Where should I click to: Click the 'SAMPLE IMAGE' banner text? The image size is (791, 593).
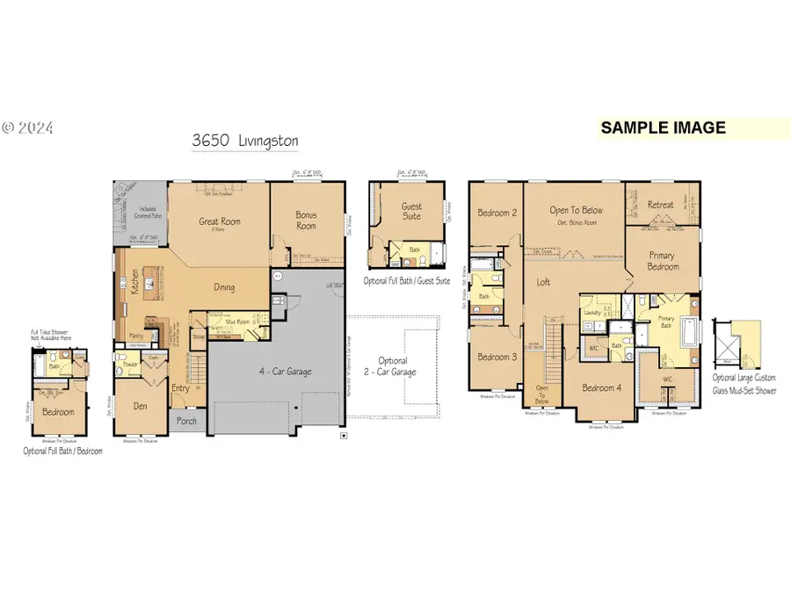[x=663, y=127]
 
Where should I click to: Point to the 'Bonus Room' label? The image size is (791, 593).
[x=306, y=221]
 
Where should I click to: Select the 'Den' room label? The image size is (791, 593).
[x=140, y=406]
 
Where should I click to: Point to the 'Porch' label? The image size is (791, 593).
[x=185, y=420]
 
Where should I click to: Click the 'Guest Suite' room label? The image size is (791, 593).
[x=411, y=211]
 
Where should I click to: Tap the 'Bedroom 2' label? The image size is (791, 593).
[x=496, y=213]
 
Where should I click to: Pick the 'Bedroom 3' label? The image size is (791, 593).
[x=496, y=358]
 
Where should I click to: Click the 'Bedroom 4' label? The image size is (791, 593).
[x=608, y=388]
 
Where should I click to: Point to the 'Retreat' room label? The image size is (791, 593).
[x=660, y=205]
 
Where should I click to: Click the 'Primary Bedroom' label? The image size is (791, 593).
[x=663, y=261]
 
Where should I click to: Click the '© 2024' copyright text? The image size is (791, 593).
[x=27, y=127]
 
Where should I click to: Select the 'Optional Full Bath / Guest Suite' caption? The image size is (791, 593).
[x=410, y=281]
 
